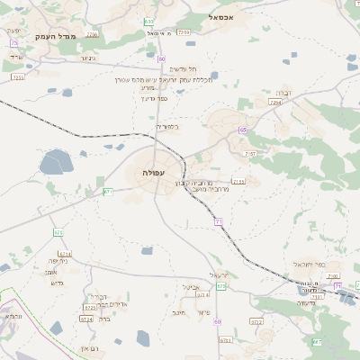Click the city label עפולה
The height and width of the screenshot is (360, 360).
(x=153, y=171)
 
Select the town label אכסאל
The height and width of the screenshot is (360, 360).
(x=220, y=17)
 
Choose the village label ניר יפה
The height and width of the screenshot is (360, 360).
(x=59, y=261)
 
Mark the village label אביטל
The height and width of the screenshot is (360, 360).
(x=191, y=287)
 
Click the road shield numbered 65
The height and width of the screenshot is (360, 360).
(x=243, y=130)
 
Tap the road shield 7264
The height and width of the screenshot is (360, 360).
(x=275, y=103)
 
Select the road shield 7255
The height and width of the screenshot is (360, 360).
(x=238, y=182)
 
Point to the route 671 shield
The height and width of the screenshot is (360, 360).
(x=108, y=191)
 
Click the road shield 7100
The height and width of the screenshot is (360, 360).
(x=184, y=32)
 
